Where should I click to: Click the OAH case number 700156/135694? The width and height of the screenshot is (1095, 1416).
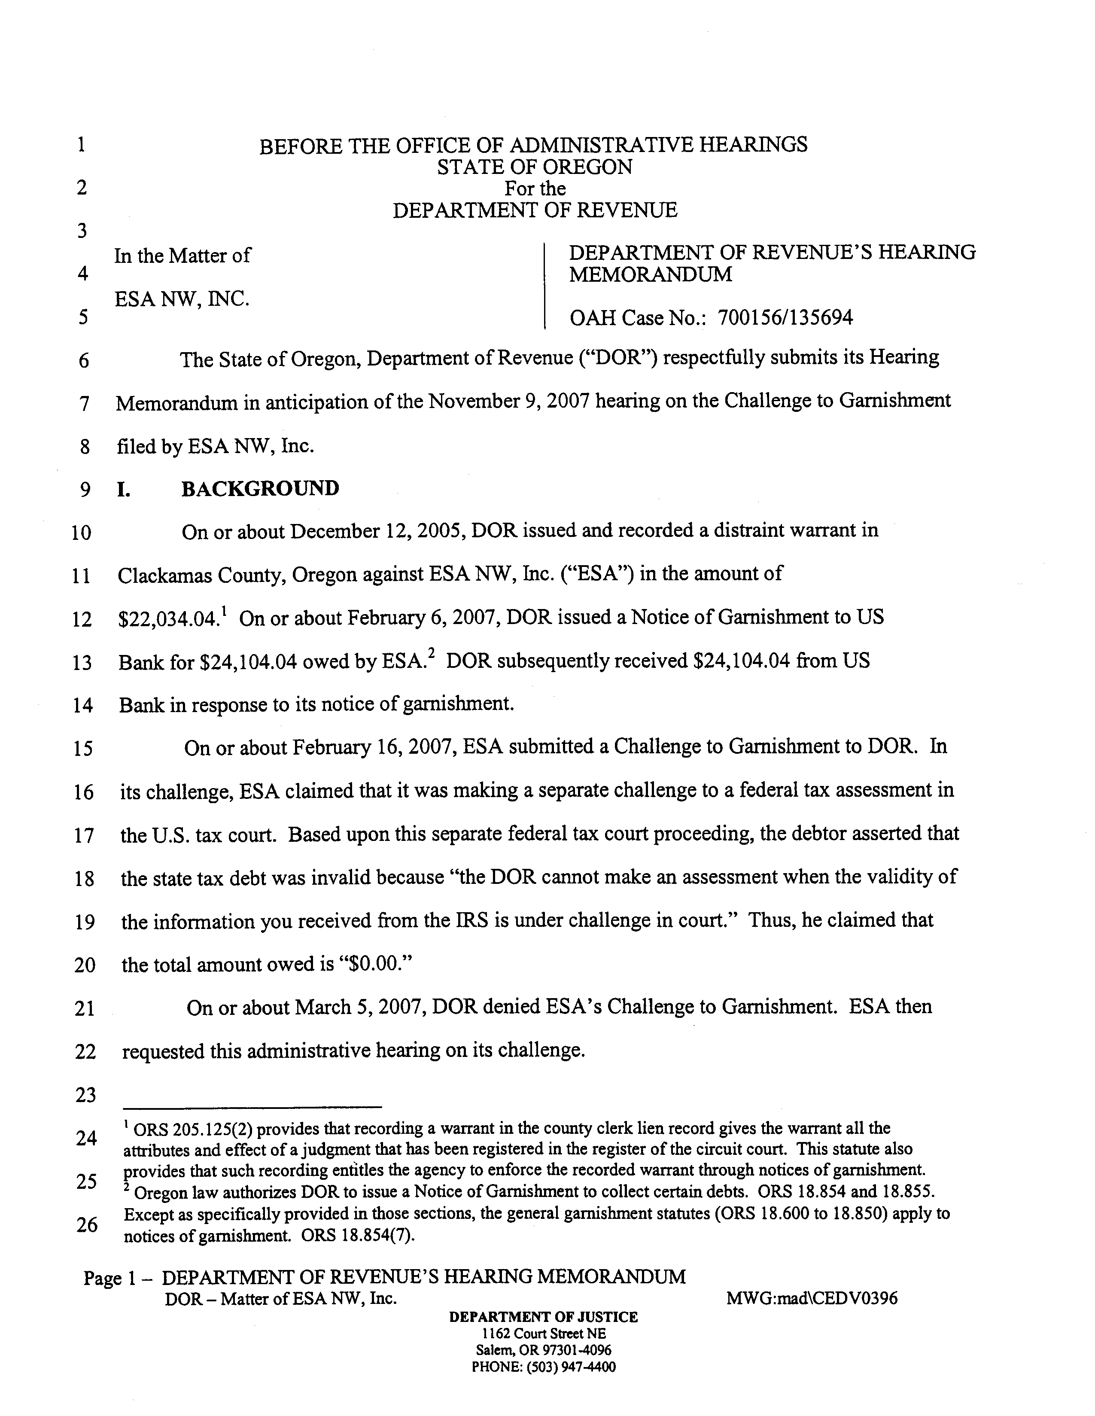tap(785, 318)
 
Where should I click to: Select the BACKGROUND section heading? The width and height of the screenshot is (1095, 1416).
tap(260, 488)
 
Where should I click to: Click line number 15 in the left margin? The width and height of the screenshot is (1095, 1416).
tap(82, 749)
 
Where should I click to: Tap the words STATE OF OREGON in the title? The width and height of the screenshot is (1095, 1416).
tap(534, 167)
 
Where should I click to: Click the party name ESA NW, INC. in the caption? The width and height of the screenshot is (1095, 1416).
tap(182, 299)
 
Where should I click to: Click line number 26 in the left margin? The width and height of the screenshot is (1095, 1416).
tap(87, 1225)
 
